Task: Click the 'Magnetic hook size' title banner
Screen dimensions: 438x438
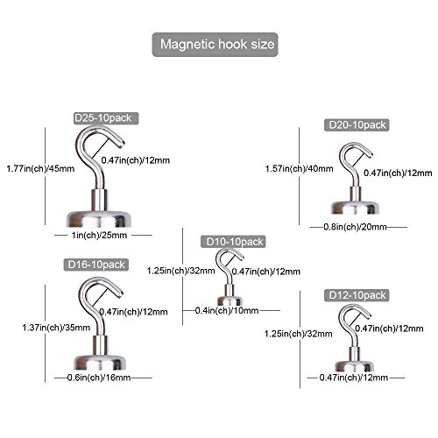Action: pyautogui.click(x=215, y=45)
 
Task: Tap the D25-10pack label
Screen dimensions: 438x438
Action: pyautogui.click(x=106, y=118)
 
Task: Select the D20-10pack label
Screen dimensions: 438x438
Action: pyautogui.click(x=357, y=125)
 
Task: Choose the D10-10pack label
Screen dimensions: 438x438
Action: pyautogui.click(x=233, y=242)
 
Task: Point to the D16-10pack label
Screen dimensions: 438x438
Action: pyautogui.click(x=96, y=265)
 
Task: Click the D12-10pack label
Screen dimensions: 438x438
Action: pyautogui.click(x=357, y=295)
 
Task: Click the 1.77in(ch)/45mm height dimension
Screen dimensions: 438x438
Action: pyautogui.click(x=40, y=168)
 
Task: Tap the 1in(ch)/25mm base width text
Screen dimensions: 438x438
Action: pyautogui.click(x=99, y=235)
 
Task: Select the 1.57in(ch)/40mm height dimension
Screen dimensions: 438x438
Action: pyautogui.click(x=300, y=168)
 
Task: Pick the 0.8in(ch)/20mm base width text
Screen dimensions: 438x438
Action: pyautogui.click(x=355, y=227)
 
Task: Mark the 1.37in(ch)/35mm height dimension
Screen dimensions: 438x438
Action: pyautogui.click(x=56, y=328)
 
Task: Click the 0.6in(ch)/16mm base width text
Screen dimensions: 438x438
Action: pyautogui.click(x=99, y=378)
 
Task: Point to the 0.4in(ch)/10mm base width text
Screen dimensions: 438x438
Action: pyautogui.click(x=227, y=310)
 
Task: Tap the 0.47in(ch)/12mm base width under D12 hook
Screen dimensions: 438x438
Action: pyautogui.click(x=354, y=378)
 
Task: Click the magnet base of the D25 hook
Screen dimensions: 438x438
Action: pyautogui.click(x=99, y=218)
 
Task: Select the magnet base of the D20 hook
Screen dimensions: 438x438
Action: pyautogui.click(x=355, y=208)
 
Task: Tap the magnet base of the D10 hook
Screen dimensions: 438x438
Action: pyautogui.click(x=230, y=301)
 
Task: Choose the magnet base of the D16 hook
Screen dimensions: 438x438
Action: pyautogui.click(x=100, y=363)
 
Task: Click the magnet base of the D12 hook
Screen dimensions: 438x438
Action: pyautogui.click(x=354, y=366)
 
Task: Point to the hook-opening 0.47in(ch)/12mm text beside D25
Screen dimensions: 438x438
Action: pyautogui.click(x=136, y=160)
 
